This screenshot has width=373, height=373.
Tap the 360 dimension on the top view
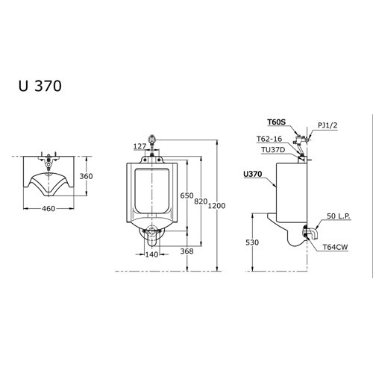(87, 176)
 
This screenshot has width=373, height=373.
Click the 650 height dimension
(186, 195)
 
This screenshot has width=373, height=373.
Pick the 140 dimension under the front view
(152, 254)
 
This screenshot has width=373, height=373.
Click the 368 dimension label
(188, 252)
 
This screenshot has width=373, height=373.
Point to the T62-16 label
(269, 139)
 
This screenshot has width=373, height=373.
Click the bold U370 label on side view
(254, 174)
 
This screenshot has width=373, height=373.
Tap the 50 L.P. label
(339, 216)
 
